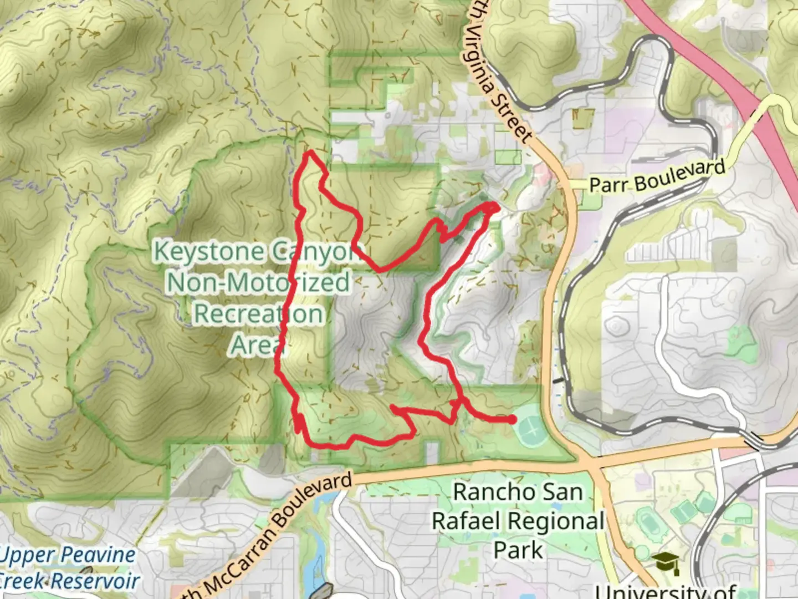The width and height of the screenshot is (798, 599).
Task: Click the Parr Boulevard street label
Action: (x=657, y=177)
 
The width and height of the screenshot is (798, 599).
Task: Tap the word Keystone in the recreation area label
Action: (x=208, y=251)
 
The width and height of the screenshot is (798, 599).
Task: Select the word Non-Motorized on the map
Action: (x=259, y=282)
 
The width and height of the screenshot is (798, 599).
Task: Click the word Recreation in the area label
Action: (x=258, y=314)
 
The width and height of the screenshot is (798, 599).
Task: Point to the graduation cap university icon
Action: (x=665, y=563)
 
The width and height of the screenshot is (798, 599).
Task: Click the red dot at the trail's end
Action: (x=511, y=420)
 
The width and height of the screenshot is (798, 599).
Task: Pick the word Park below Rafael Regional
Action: (x=518, y=551)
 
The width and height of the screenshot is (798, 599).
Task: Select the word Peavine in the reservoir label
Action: (x=98, y=555)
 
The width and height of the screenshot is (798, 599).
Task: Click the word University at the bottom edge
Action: (x=665, y=591)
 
